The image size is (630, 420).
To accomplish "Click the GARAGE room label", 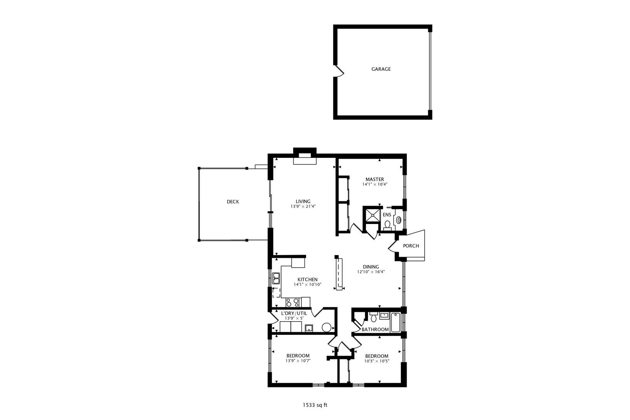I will (x=381, y=69).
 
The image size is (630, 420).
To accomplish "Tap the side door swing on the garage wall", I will (x=339, y=71).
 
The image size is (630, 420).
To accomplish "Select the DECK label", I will (x=233, y=201).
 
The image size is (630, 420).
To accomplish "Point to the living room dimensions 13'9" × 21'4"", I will (x=303, y=206).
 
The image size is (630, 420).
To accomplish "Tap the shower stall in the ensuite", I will (x=372, y=215).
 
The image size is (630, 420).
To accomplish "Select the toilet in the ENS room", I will (x=387, y=225).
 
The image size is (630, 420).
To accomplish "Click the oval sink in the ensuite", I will (x=399, y=220).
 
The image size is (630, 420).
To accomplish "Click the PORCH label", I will (x=411, y=246).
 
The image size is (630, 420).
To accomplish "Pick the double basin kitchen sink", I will (x=276, y=278).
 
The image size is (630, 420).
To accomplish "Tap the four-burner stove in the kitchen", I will (x=292, y=302).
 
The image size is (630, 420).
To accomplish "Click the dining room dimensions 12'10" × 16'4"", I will (x=371, y=272).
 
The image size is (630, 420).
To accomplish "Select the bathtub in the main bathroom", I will (x=395, y=322).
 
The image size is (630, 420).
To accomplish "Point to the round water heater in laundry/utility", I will (x=326, y=327).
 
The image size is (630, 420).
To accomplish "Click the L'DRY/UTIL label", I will (x=294, y=313).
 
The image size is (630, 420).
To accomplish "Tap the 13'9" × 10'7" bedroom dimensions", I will (x=298, y=360).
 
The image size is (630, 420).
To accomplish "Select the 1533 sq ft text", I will (x=315, y=405).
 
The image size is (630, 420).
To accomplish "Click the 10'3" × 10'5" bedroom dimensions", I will (x=376, y=361).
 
